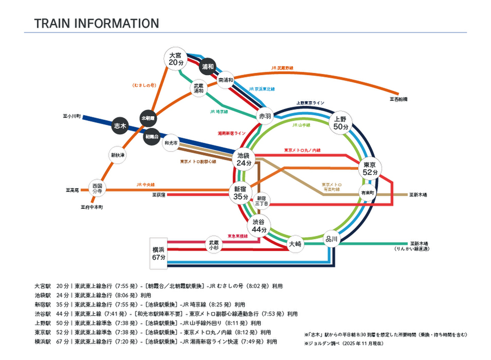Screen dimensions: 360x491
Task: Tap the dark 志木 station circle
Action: click(120, 126)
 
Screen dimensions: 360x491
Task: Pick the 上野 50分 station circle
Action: click(341, 123)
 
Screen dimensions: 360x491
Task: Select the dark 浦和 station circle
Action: click(207, 67)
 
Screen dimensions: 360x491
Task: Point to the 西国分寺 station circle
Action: click(97, 188)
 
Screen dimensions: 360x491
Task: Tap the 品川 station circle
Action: click(331, 239)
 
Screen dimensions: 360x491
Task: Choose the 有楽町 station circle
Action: click(367, 193)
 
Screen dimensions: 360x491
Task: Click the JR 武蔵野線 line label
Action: click(282, 68)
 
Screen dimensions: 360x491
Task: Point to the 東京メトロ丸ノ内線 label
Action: click(302, 150)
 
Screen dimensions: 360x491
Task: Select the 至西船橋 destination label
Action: click(398, 99)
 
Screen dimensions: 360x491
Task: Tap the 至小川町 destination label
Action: click(72, 116)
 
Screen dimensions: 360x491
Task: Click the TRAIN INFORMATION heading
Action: click(97, 23)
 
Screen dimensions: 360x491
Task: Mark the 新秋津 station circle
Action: click(118, 155)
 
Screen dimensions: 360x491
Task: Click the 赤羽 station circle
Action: click(265, 116)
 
